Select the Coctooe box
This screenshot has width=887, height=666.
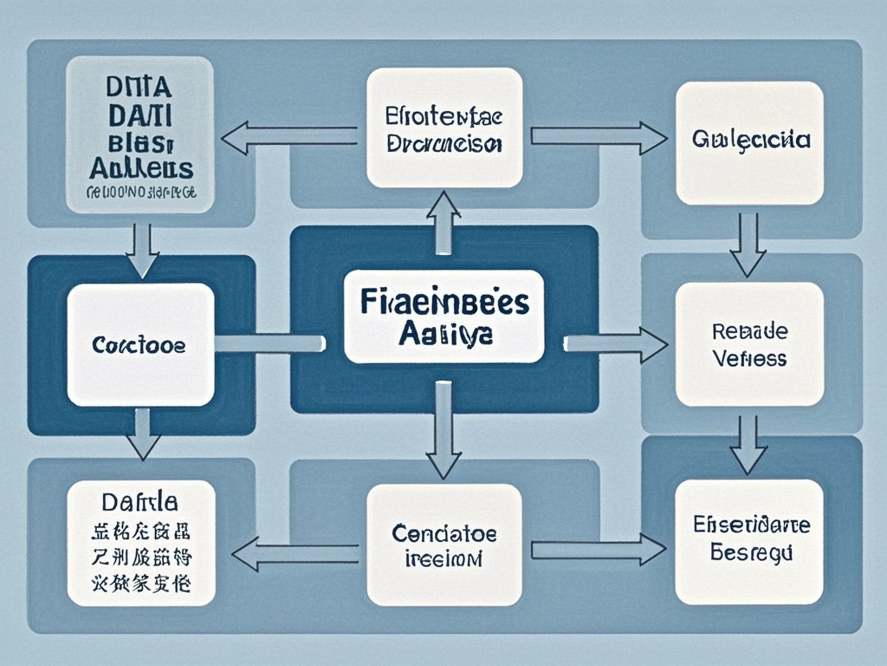pos(140,344)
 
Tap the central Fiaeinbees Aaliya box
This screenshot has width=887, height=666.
pos(443,316)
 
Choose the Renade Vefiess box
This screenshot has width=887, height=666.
pos(748,344)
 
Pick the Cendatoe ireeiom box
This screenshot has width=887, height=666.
pos(443,544)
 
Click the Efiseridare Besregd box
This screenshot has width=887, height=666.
pos(748,539)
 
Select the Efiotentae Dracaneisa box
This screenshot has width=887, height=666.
pos(443,128)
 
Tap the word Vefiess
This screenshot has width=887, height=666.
pos(750,357)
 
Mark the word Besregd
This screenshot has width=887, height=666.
pos(750,552)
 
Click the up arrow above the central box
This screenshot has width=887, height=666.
pos(443,222)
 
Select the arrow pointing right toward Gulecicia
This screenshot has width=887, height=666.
pos(598,136)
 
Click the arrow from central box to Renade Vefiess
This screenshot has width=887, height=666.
pos(615,343)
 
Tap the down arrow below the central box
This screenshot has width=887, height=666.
pos(443,430)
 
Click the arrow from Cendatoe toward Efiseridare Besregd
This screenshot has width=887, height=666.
pos(598,550)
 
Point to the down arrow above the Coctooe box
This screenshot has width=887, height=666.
pos(143,250)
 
